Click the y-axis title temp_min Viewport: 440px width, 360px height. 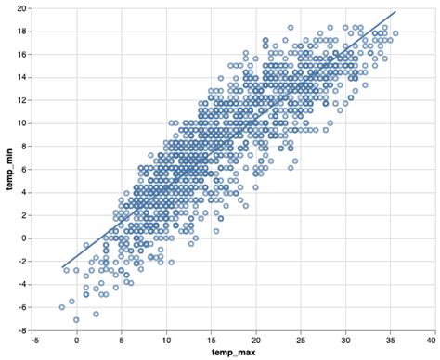pyautogui.click(x=10, y=169)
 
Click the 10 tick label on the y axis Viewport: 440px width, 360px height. pyautogui.click(x=21, y=123)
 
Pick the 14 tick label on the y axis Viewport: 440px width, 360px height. pyautogui.click(x=21, y=77)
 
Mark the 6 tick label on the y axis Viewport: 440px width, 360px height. pyautogui.click(x=23, y=169)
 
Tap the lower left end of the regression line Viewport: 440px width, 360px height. pyautogui.click(x=63, y=268)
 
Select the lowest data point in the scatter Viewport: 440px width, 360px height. pyautogui.click(x=77, y=319)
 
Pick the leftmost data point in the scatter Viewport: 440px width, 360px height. pyautogui.click(x=62, y=307)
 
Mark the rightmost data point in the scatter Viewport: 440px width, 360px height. pyautogui.click(x=396, y=33)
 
